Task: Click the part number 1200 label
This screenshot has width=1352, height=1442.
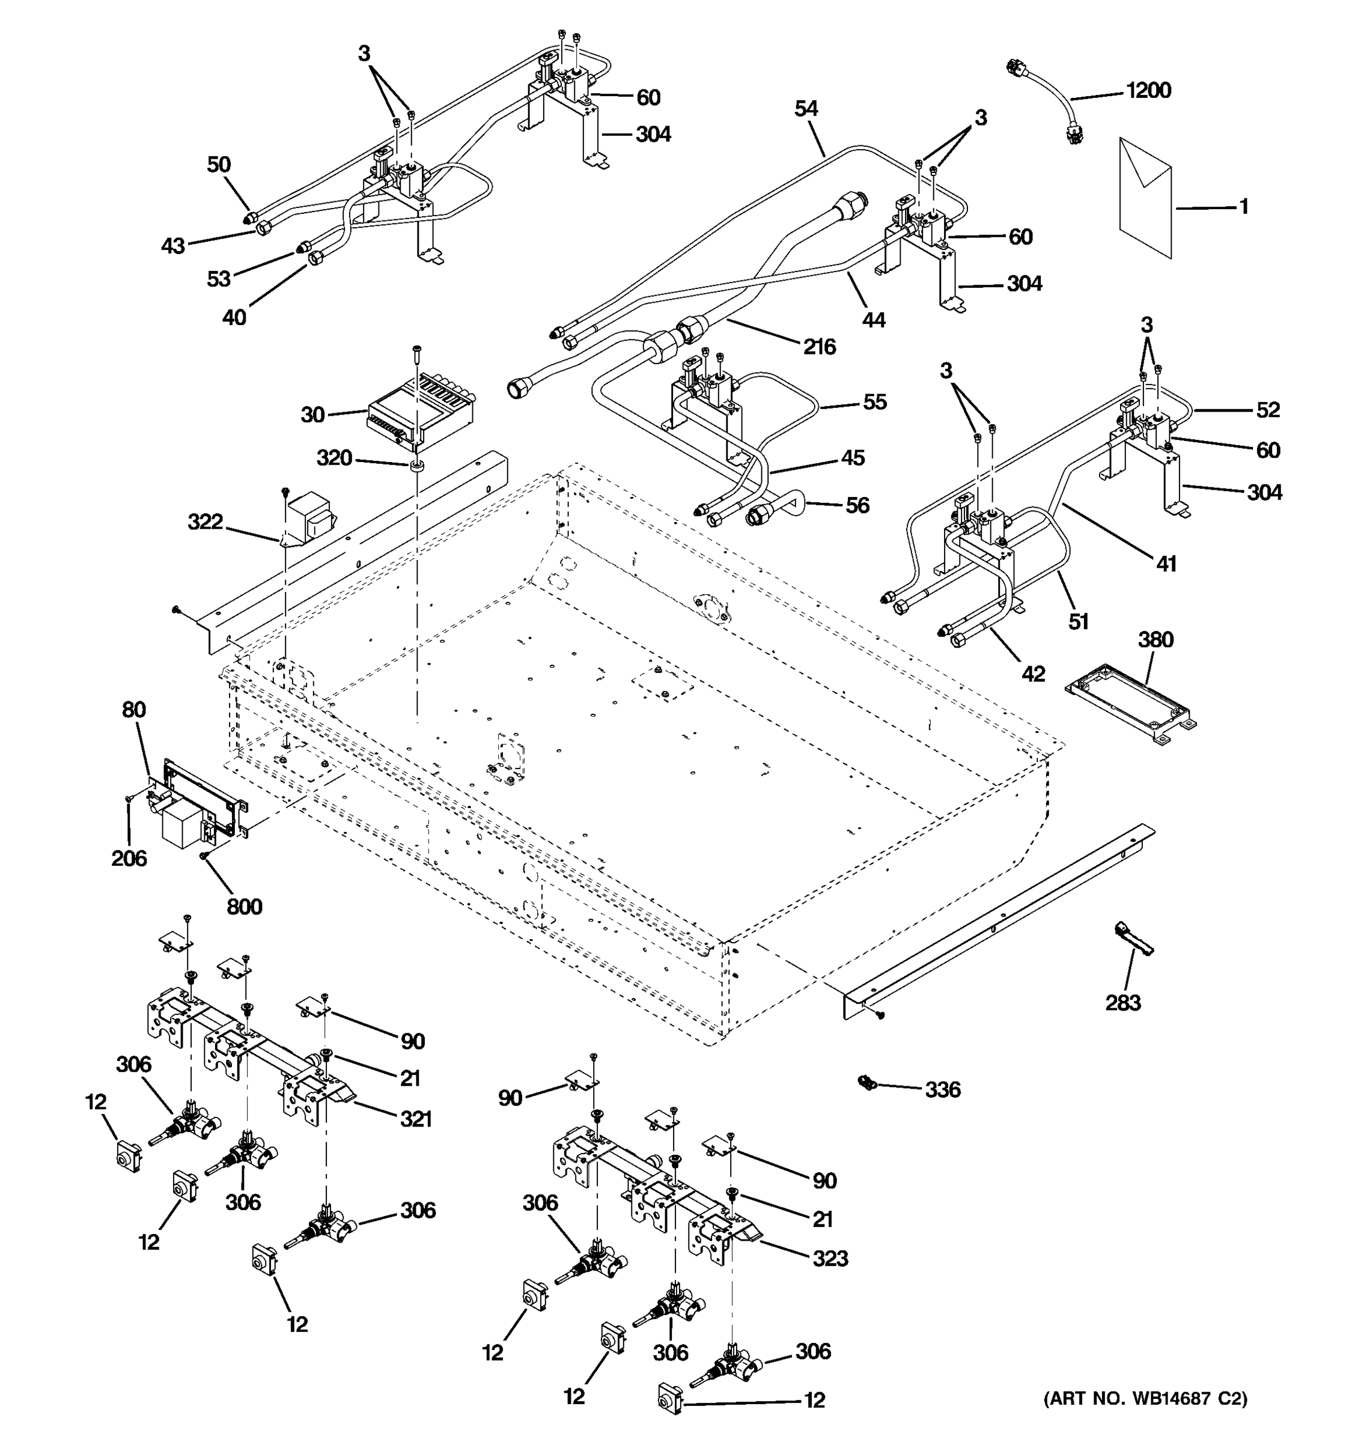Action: click(x=1148, y=91)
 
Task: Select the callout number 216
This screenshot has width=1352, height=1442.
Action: click(x=819, y=347)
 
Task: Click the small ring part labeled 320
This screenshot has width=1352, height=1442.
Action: click(x=417, y=465)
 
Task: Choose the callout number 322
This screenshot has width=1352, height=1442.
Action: click(x=206, y=522)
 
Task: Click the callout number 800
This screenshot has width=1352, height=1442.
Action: click(x=245, y=906)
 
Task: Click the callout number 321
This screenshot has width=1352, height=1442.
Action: click(x=416, y=1119)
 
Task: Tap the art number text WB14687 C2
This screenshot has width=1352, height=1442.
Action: click(x=1145, y=1398)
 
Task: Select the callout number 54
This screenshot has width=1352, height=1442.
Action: click(x=806, y=109)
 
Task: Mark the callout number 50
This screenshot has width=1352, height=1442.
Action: click(x=218, y=165)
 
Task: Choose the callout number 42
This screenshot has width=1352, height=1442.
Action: click(x=1033, y=674)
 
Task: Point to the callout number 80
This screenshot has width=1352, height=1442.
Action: click(x=133, y=710)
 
